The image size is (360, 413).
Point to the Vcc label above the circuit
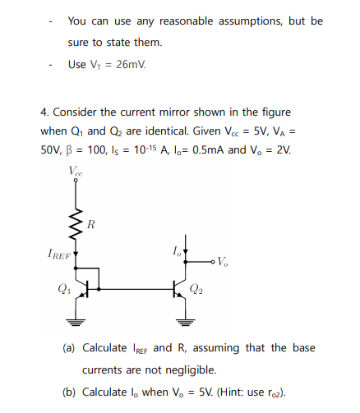pyautogui.click(x=76, y=172)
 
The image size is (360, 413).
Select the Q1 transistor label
pyautogui.click(x=60, y=288)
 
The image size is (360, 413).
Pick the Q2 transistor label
pyautogui.click(x=197, y=288)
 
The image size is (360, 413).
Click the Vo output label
pyautogui.click(x=223, y=264)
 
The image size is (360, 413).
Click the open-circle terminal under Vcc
pyautogui.click(x=76, y=186)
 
